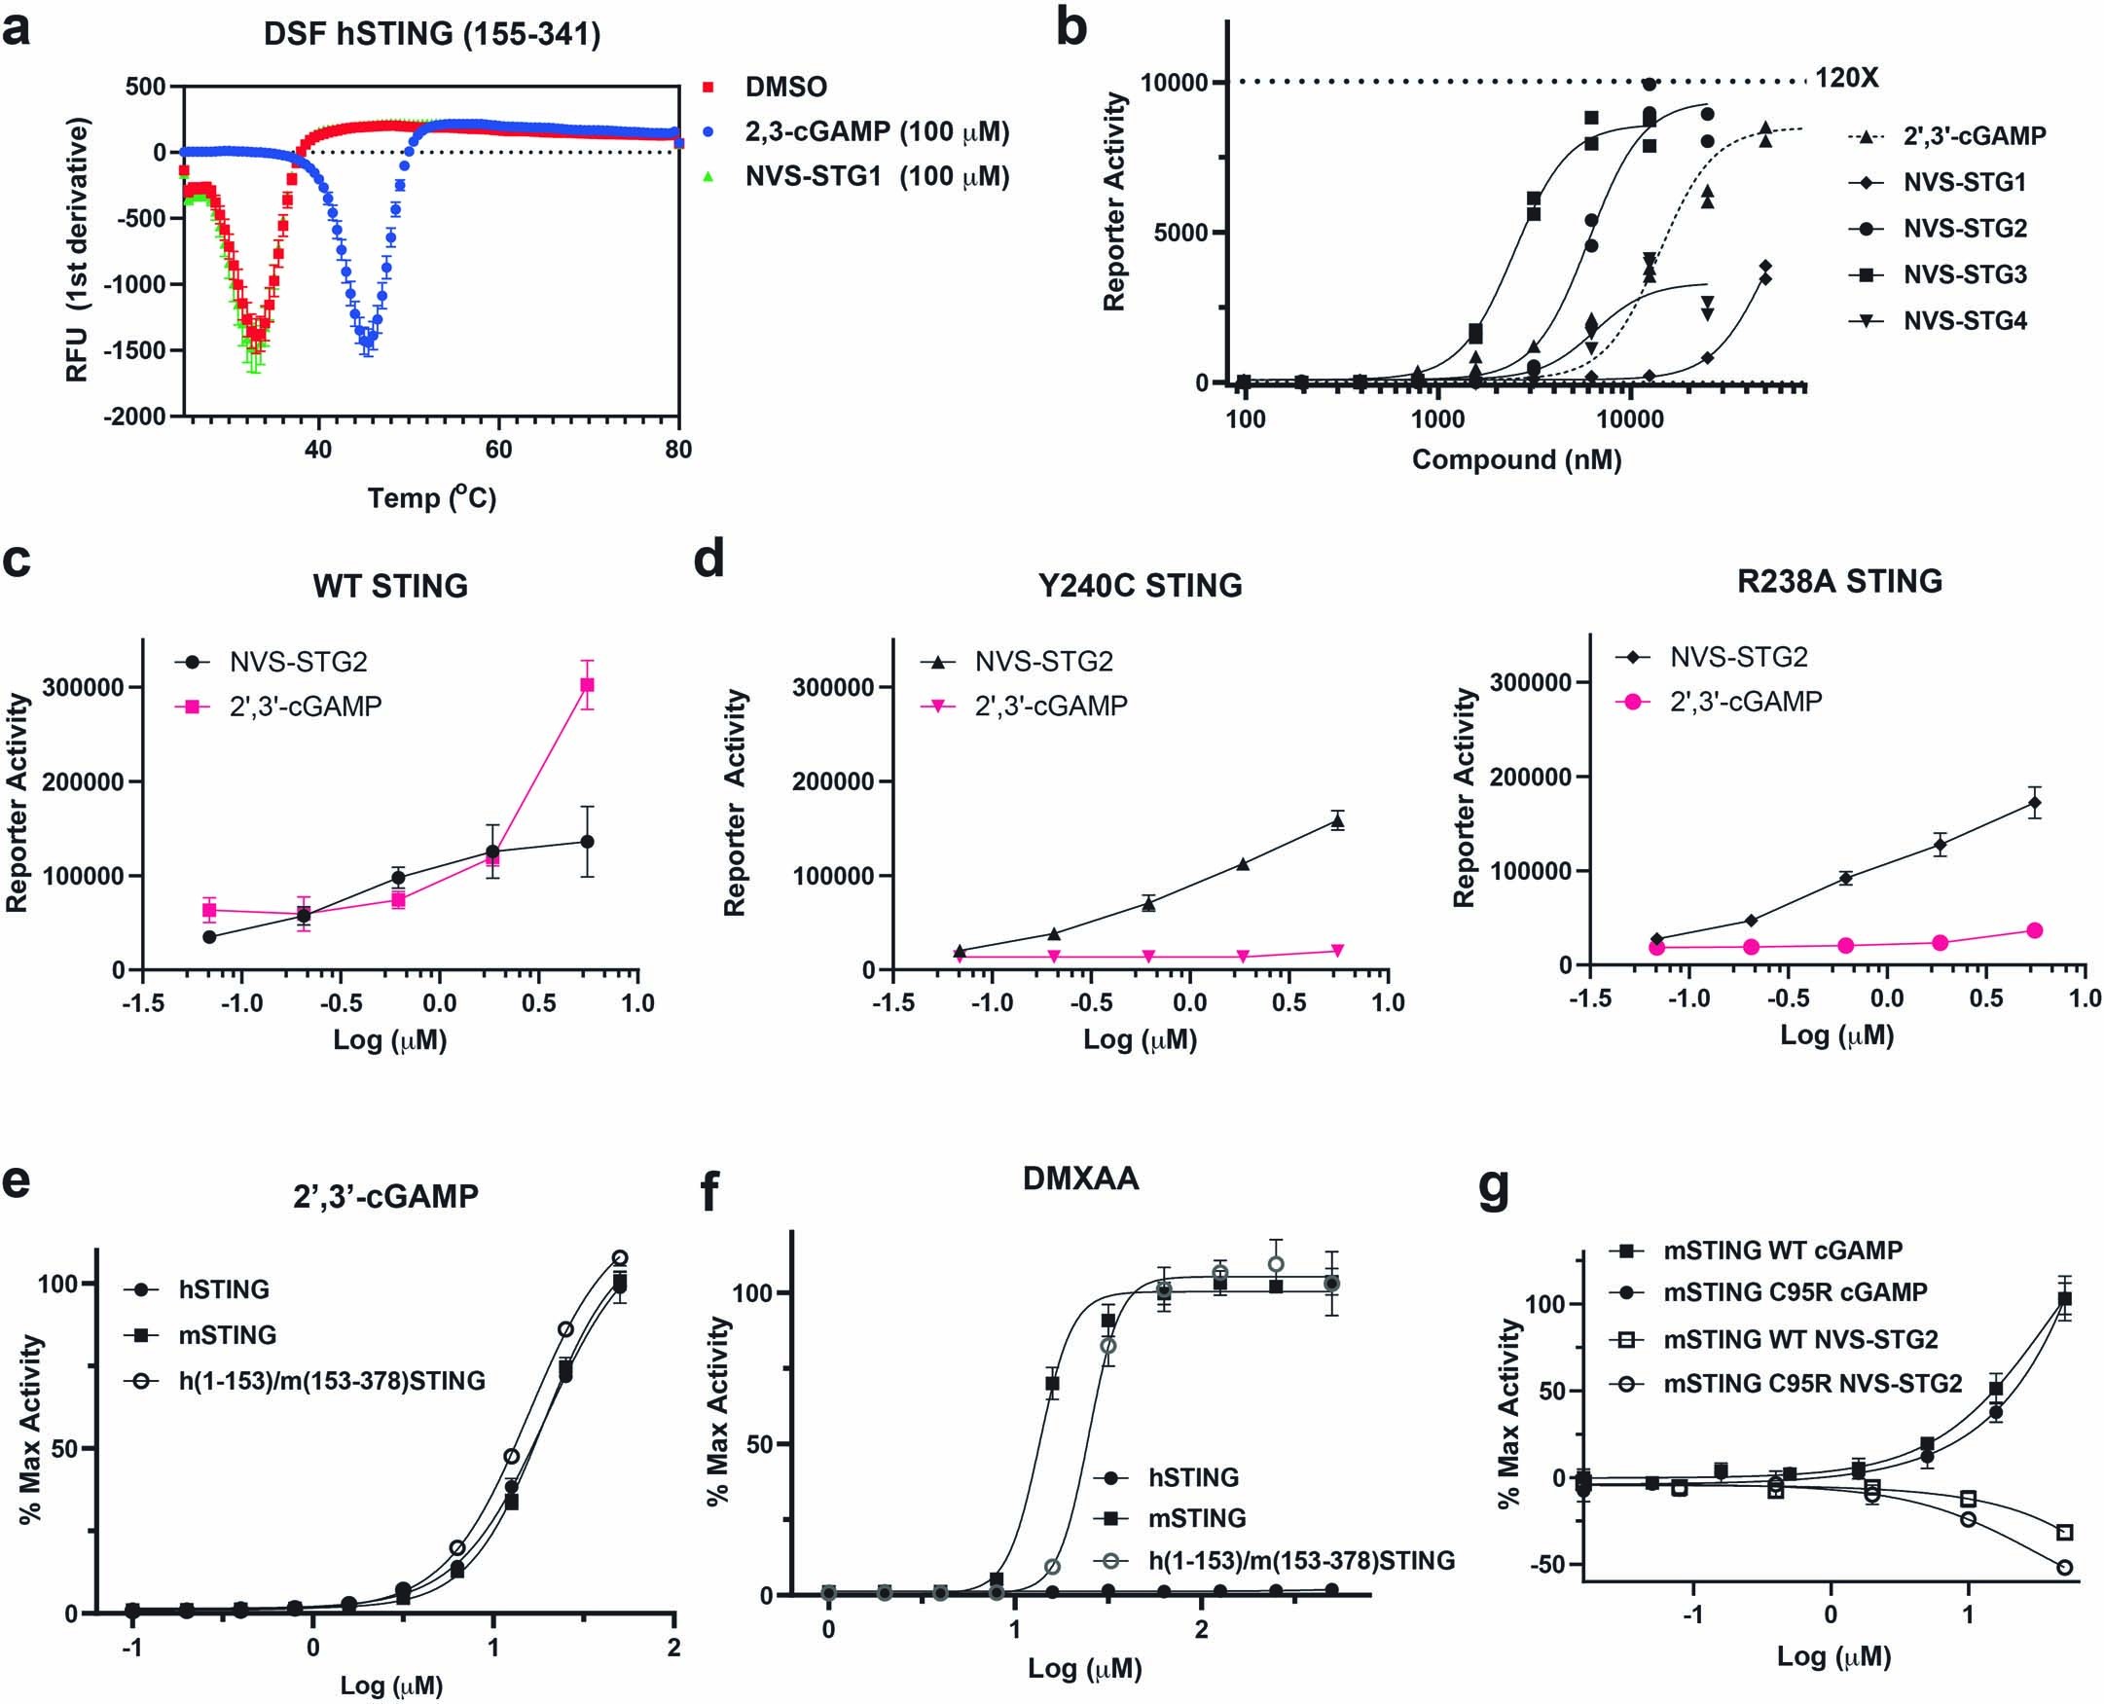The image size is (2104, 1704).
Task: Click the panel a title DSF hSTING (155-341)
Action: click(x=432, y=34)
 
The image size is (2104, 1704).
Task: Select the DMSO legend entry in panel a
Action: click(x=785, y=87)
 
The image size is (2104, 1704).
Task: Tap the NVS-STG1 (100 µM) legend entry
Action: click(x=876, y=177)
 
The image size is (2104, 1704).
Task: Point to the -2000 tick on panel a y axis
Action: click(x=135, y=417)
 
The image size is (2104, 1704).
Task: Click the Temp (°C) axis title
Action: click(x=432, y=497)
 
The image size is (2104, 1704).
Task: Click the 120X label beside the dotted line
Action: click(x=1846, y=78)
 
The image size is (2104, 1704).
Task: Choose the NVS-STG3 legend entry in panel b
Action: click(x=1965, y=274)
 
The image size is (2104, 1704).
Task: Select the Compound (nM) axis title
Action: click(x=1516, y=459)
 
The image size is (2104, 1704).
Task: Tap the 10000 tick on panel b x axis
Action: click(x=1630, y=419)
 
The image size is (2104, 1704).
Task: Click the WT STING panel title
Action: click(x=389, y=586)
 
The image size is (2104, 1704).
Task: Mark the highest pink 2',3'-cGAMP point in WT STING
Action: click(x=587, y=685)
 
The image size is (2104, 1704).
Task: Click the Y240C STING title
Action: click(x=1140, y=586)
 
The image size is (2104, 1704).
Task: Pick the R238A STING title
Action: click(x=1839, y=581)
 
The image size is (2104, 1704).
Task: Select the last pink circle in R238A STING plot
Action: click(x=2034, y=930)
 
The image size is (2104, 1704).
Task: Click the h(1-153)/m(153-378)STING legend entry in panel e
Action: click(x=332, y=1381)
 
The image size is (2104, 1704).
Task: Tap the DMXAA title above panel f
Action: click(x=1080, y=1178)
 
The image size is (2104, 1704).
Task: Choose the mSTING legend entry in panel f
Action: click(x=1196, y=1517)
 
